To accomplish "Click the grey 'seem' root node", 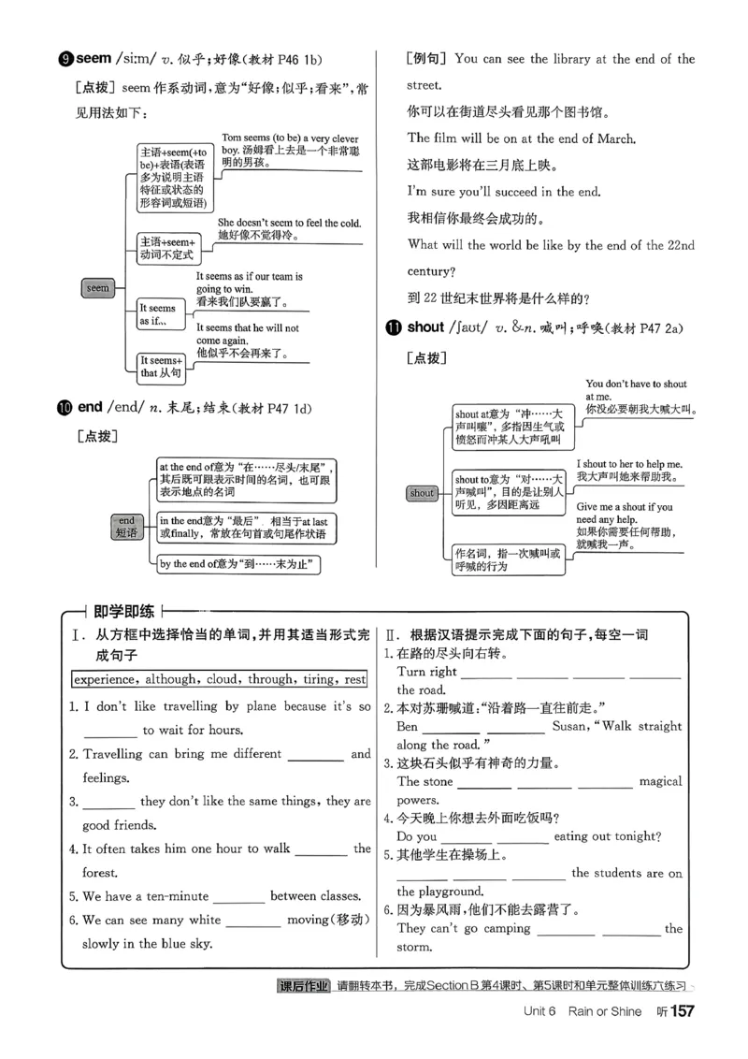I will tap(98, 288).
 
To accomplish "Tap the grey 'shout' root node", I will tap(423, 493).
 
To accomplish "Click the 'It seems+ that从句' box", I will tap(162, 367).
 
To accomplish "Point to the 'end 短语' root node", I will tap(126, 527).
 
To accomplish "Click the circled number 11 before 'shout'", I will tap(393, 327).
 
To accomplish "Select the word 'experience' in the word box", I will tap(108, 679).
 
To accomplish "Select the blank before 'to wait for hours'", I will tap(109, 730).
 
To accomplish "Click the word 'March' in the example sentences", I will tap(611, 138).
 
